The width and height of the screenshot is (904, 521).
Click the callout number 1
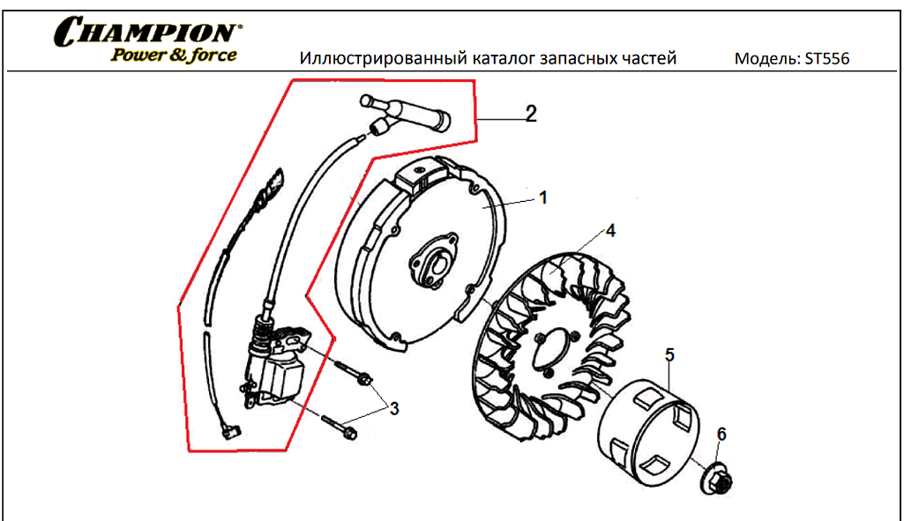543,198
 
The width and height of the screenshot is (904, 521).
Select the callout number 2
531,114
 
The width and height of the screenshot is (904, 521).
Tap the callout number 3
394,408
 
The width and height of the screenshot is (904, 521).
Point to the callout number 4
609,231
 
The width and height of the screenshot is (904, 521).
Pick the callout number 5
669,355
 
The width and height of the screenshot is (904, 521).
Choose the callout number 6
721,434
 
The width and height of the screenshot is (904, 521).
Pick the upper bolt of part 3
354,373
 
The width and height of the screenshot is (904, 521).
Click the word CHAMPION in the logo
146,33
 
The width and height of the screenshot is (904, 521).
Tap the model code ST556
826,59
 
